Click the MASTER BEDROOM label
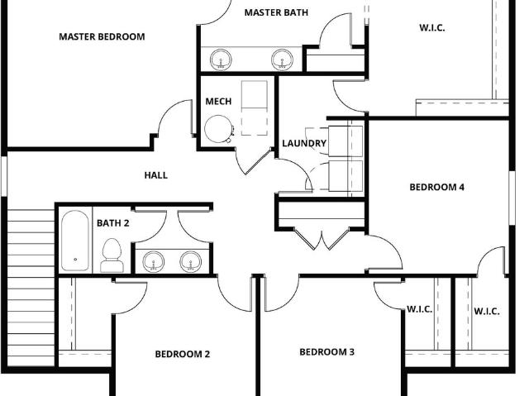point(102,36)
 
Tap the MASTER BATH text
point(276,12)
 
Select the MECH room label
point(218,101)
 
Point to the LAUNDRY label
point(304,143)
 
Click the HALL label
point(156,175)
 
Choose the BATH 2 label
point(113,223)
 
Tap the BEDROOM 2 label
point(183,354)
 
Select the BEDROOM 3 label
point(327,352)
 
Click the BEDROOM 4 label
point(437,187)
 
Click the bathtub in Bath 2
point(75,241)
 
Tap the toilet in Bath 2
point(112,255)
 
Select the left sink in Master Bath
point(221,60)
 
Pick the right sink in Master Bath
point(282,60)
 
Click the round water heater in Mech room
point(218,129)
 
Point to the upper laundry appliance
point(346,141)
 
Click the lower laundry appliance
point(346,176)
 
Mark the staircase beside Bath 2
point(31,288)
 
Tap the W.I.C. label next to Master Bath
point(431,27)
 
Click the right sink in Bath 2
point(191,262)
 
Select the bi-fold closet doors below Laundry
point(322,239)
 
